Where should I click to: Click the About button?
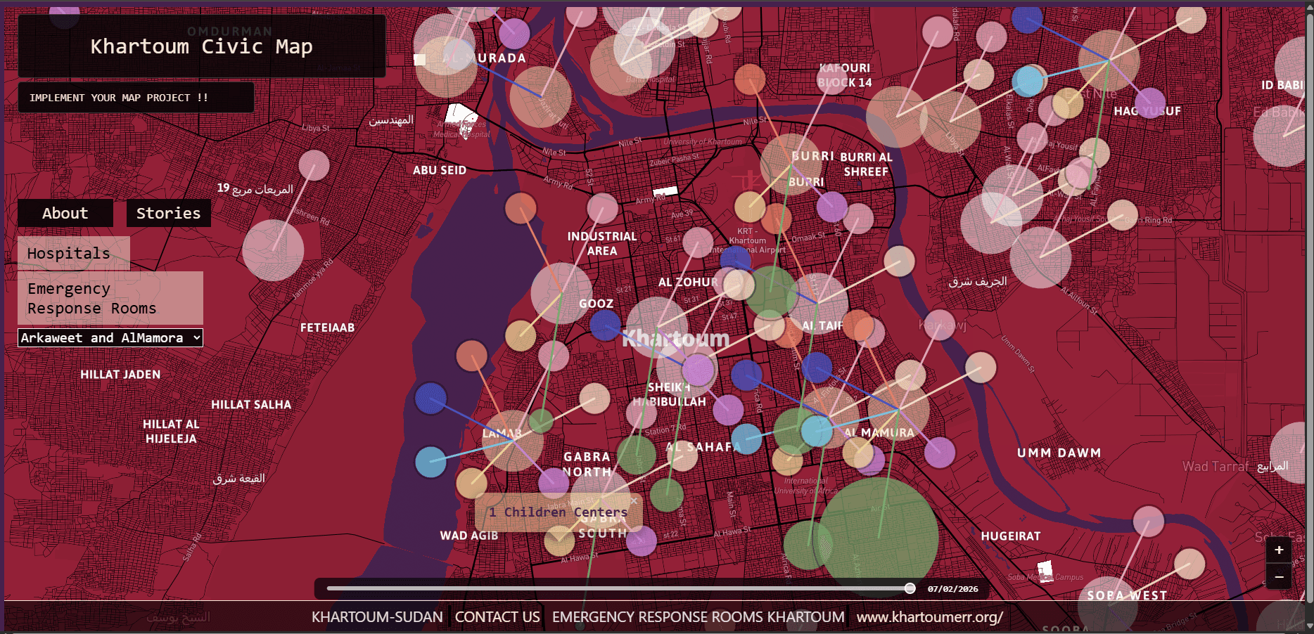click(65, 213)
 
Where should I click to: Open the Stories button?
click(168, 213)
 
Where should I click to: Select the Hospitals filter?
click(69, 253)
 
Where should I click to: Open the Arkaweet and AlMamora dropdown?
click(110, 338)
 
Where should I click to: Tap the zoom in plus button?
click(1279, 550)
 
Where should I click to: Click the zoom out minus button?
click(1279, 576)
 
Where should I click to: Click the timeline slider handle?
click(910, 588)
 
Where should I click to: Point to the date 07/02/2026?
click(952, 589)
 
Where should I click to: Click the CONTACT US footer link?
click(497, 617)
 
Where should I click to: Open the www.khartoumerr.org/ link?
click(929, 617)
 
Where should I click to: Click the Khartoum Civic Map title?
click(201, 46)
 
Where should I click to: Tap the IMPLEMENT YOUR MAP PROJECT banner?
click(119, 98)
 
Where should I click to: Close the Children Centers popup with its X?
click(634, 501)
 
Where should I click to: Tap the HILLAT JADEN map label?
click(120, 375)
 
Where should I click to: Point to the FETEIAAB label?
click(327, 328)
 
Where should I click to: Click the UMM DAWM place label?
click(1059, 453)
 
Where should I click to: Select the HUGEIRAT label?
click(1010, 536)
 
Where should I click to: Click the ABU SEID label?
click(440, 170)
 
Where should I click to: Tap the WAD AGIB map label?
click(469, 536)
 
